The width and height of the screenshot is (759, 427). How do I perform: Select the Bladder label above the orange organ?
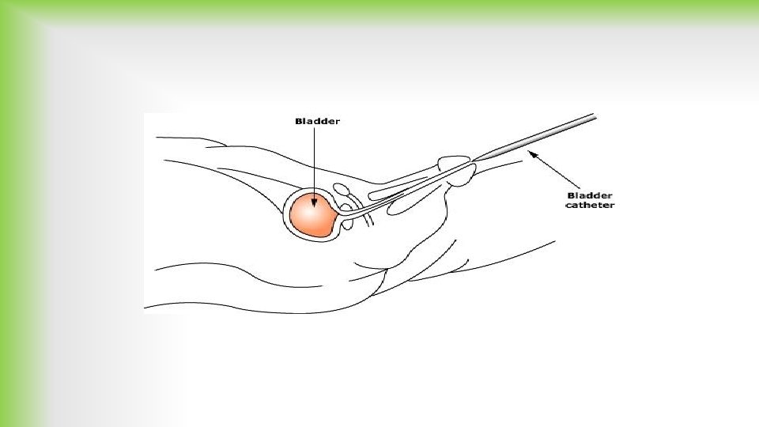tap(317, 121)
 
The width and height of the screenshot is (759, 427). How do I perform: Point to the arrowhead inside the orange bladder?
tap(315, 202)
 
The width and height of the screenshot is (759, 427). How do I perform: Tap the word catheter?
tap(589, 206)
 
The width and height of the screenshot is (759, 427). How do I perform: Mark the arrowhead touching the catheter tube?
tap(531, 155)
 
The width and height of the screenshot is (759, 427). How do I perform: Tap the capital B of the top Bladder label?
tap(298, 121)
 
